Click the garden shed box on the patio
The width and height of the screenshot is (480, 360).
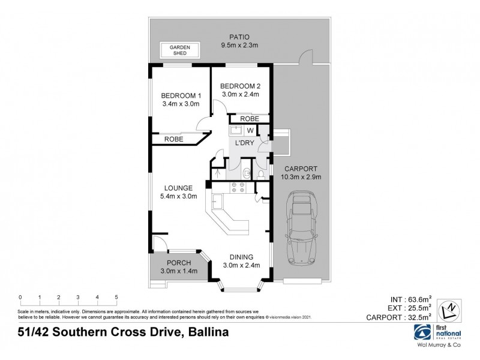pos(179,50)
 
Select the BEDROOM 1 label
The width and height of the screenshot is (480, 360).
pos(181,95)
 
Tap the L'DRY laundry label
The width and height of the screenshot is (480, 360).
pos(248,144)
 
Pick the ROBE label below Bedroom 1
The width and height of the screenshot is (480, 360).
pos(175,139)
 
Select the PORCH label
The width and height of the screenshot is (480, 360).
pos(178,263)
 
